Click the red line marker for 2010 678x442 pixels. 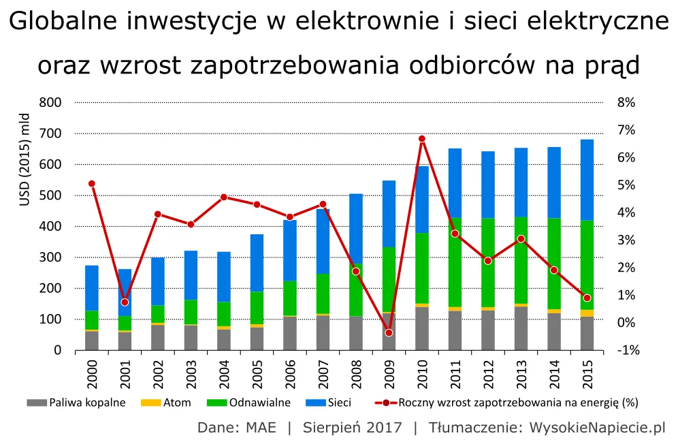tap(421, 139)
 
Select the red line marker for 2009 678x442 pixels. tap(389, 332)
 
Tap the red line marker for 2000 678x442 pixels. tap(92, 183)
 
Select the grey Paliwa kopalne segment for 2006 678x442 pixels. tap(289, 333)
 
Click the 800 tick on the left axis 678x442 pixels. tap(52, 102)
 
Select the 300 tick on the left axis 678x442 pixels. tap(52, 257)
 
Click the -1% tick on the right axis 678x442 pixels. tap(624, 350)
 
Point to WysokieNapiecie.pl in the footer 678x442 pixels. tap(597, 428)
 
